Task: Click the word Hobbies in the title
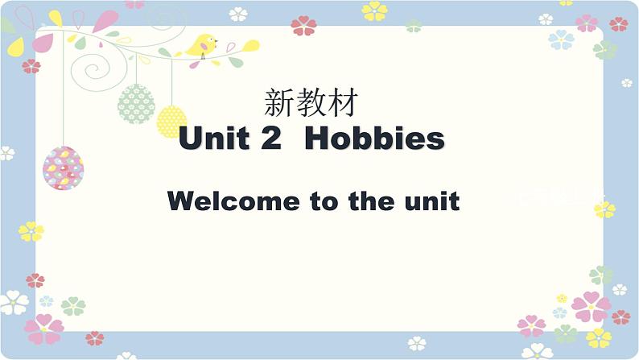375,139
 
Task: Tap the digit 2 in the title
270,139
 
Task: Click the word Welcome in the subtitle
233,201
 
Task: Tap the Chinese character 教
310,103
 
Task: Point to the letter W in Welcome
181,201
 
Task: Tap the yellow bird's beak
216,39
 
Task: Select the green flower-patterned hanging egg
136,102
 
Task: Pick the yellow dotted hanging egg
171,122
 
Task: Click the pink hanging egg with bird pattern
63,168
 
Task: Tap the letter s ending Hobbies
435,140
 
